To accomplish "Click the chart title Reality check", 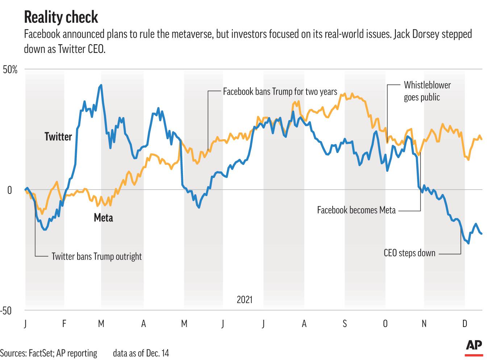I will pos(61,17).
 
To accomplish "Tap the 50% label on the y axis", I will pos(10,70).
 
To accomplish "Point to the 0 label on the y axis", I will pos(10,190).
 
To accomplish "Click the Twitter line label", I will pos(58,137).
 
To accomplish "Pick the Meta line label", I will pos(103,218).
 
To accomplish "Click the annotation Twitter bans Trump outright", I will pos(96,257).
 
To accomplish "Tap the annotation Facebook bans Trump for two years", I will pos(280,91).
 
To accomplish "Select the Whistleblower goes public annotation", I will pos(427,91).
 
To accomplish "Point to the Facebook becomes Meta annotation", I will pos(356,210).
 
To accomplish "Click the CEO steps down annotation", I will pos(409,253).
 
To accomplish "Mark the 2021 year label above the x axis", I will pos(245,300).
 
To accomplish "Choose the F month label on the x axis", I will pos(64,323).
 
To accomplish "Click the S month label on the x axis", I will pos(345,323).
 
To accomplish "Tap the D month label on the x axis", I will pos(465,323).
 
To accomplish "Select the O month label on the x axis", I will pos(385,323).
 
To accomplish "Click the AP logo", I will pos(474,345).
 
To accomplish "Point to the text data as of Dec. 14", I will pos(141,353).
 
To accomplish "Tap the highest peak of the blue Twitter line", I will pos(101,85).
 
